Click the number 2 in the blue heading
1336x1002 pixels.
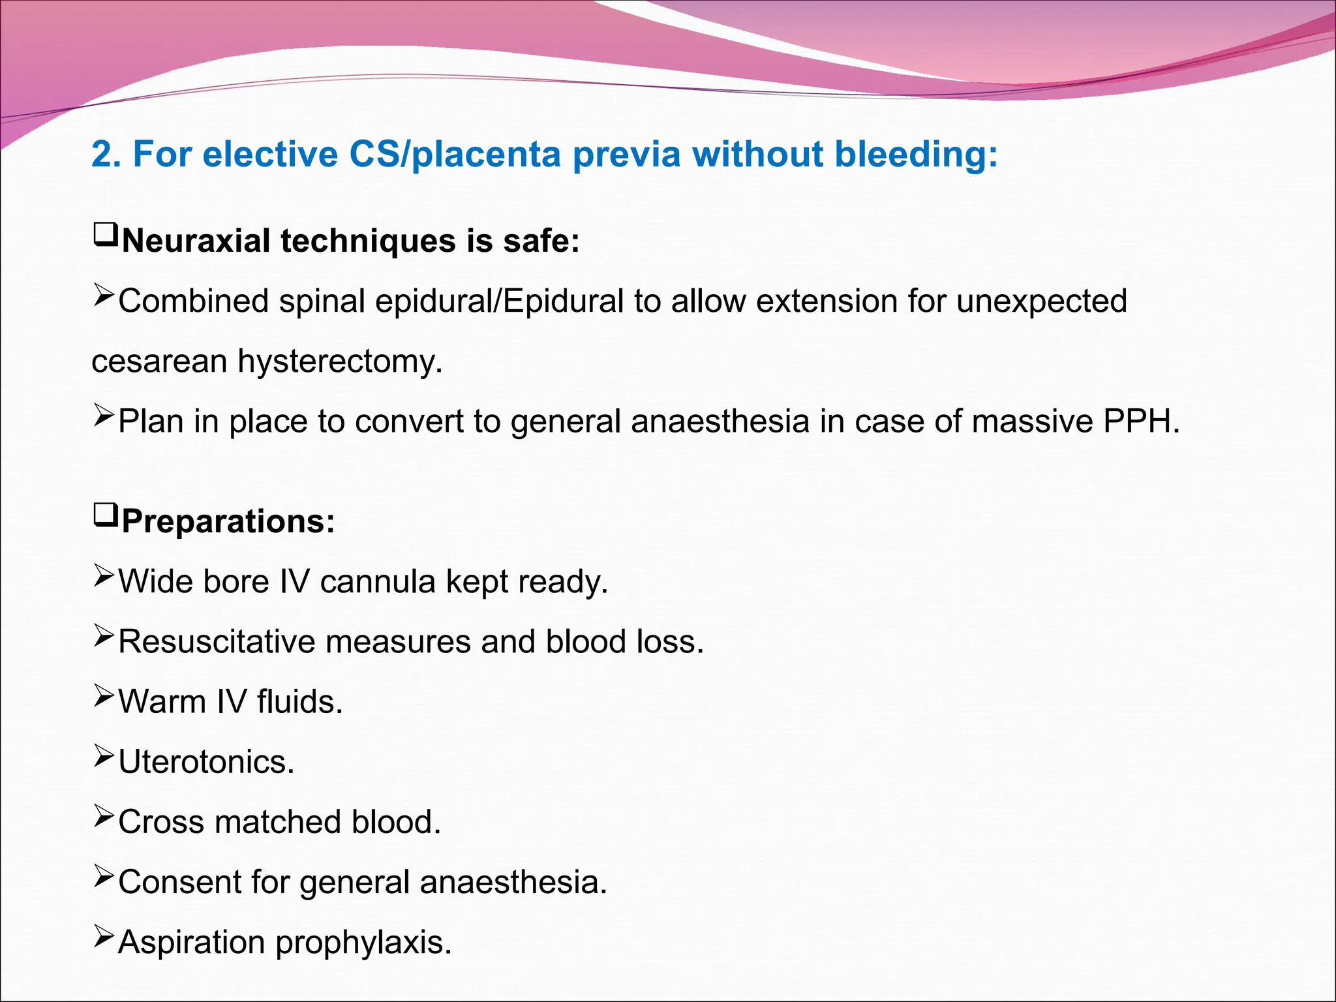click(103, 155)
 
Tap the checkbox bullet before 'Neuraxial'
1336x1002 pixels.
click(106, 234)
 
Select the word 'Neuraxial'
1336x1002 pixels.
click(196, 240)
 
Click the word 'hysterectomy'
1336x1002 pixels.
click(340, 361)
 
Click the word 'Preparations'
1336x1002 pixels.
click(228, 521)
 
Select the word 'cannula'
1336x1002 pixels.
click(378, 581)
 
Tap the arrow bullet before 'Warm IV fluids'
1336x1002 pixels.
click(104, 696)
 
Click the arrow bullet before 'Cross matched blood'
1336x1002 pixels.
click(104, 816)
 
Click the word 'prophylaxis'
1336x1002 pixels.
click(363, 942)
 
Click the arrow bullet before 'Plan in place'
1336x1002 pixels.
click(104, 416)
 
